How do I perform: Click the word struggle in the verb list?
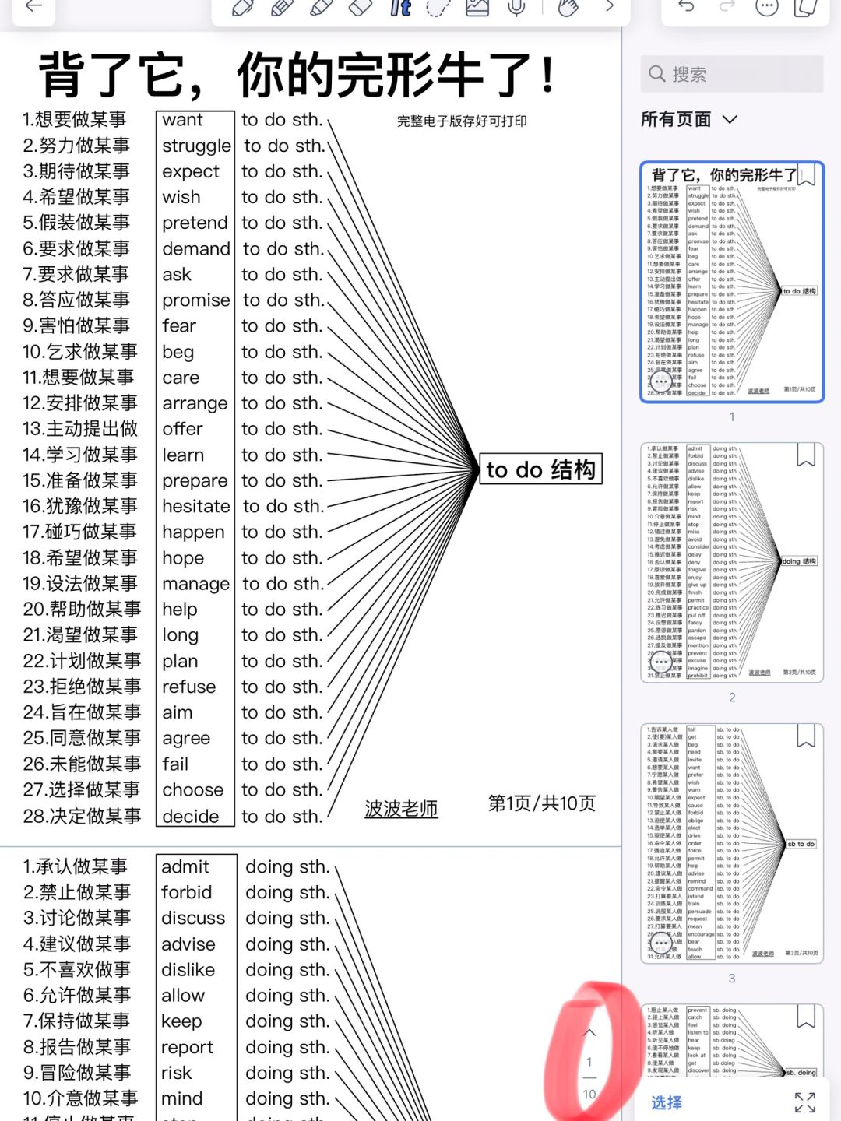coord(196,146)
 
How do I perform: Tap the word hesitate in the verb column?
coord(196,506)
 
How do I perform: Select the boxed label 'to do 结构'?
coord(540,469)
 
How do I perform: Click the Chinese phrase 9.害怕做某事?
coord(76,325)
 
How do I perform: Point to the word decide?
coord(191,816)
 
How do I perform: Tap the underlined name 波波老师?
coord(401,809)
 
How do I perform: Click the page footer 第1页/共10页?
coord(542,803)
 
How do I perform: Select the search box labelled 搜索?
coord(732,74)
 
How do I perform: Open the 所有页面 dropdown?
coord(688,119)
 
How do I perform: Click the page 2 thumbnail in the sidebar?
coord(731,562)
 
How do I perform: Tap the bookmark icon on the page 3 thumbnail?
coord(806,736)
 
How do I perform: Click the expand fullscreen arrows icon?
coord(804,1102)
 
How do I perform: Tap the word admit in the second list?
coord(185,866)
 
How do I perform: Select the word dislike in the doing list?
coord(188,969)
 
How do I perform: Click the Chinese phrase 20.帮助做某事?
coord(82,609)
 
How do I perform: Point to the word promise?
coord(196,300)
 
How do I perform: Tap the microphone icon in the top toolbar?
coord(516,8)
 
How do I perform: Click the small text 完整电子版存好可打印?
coord(462,121)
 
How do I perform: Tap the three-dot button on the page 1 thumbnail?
coord(661,381)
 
